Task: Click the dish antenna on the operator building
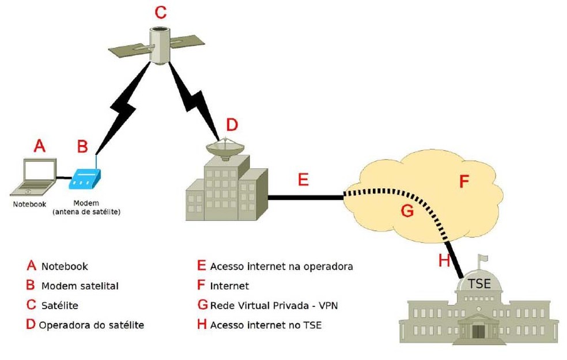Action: click(x=226, y=147)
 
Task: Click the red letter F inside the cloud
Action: click(x=464, y=182)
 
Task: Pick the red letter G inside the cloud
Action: click(x=407, y=211)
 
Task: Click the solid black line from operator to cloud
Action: click(x=305, y=198)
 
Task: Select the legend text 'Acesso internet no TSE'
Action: click(x=266, y=325)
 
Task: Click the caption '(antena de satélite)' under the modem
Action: click(x=89, y=212)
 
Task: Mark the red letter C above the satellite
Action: click(x=161, y=11)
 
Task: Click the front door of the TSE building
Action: click(x=478, y=331)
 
